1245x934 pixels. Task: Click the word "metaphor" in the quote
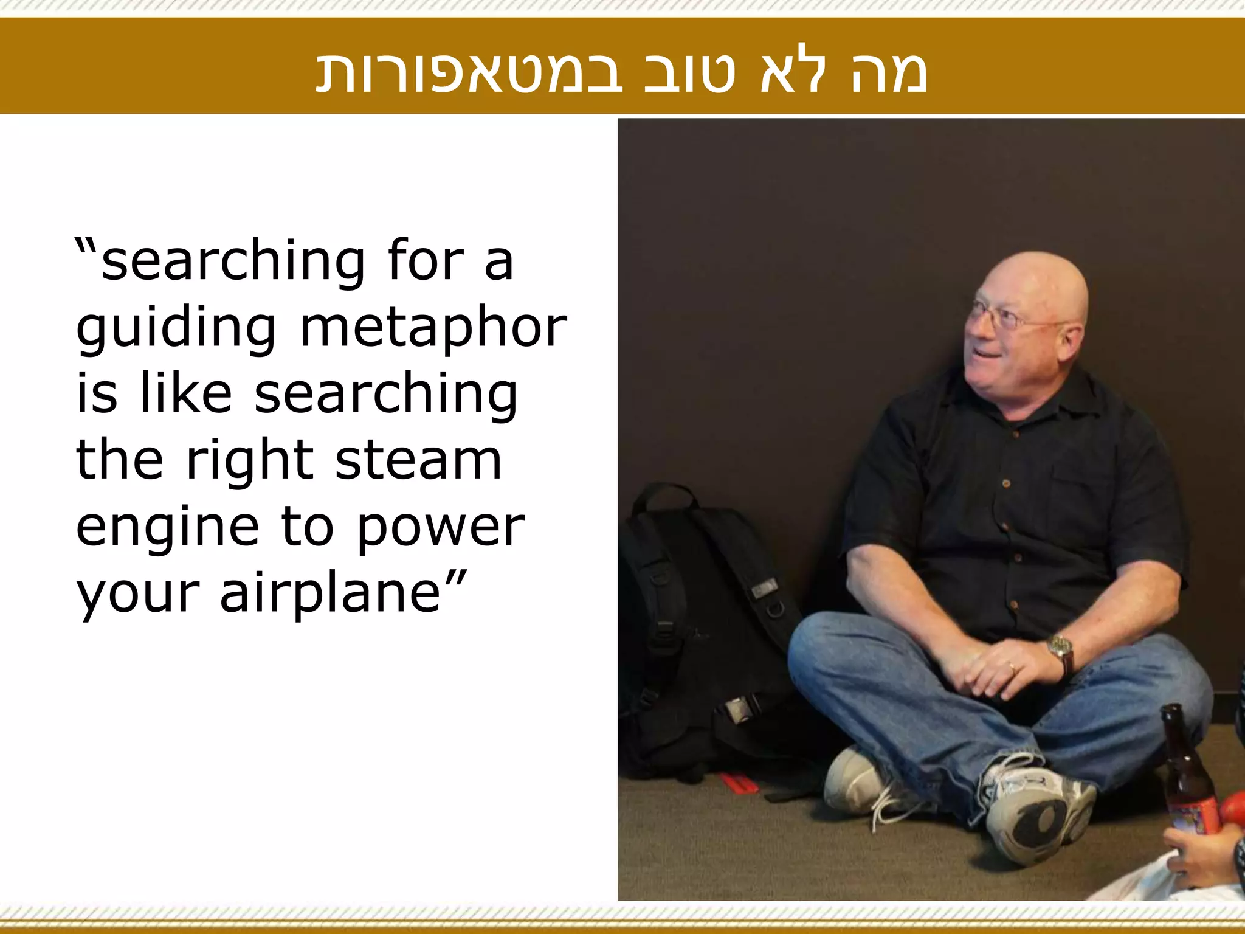tap(433, 328)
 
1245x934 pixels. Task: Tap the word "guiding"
tap(176, 328)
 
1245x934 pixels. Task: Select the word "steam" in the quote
tap(419, 460)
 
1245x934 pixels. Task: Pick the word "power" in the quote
tap(441, 527)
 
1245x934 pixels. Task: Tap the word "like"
tap(186, 394)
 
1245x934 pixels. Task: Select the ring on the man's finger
tap(1012, 668)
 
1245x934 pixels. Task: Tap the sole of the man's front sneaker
tap(1033, 821)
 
